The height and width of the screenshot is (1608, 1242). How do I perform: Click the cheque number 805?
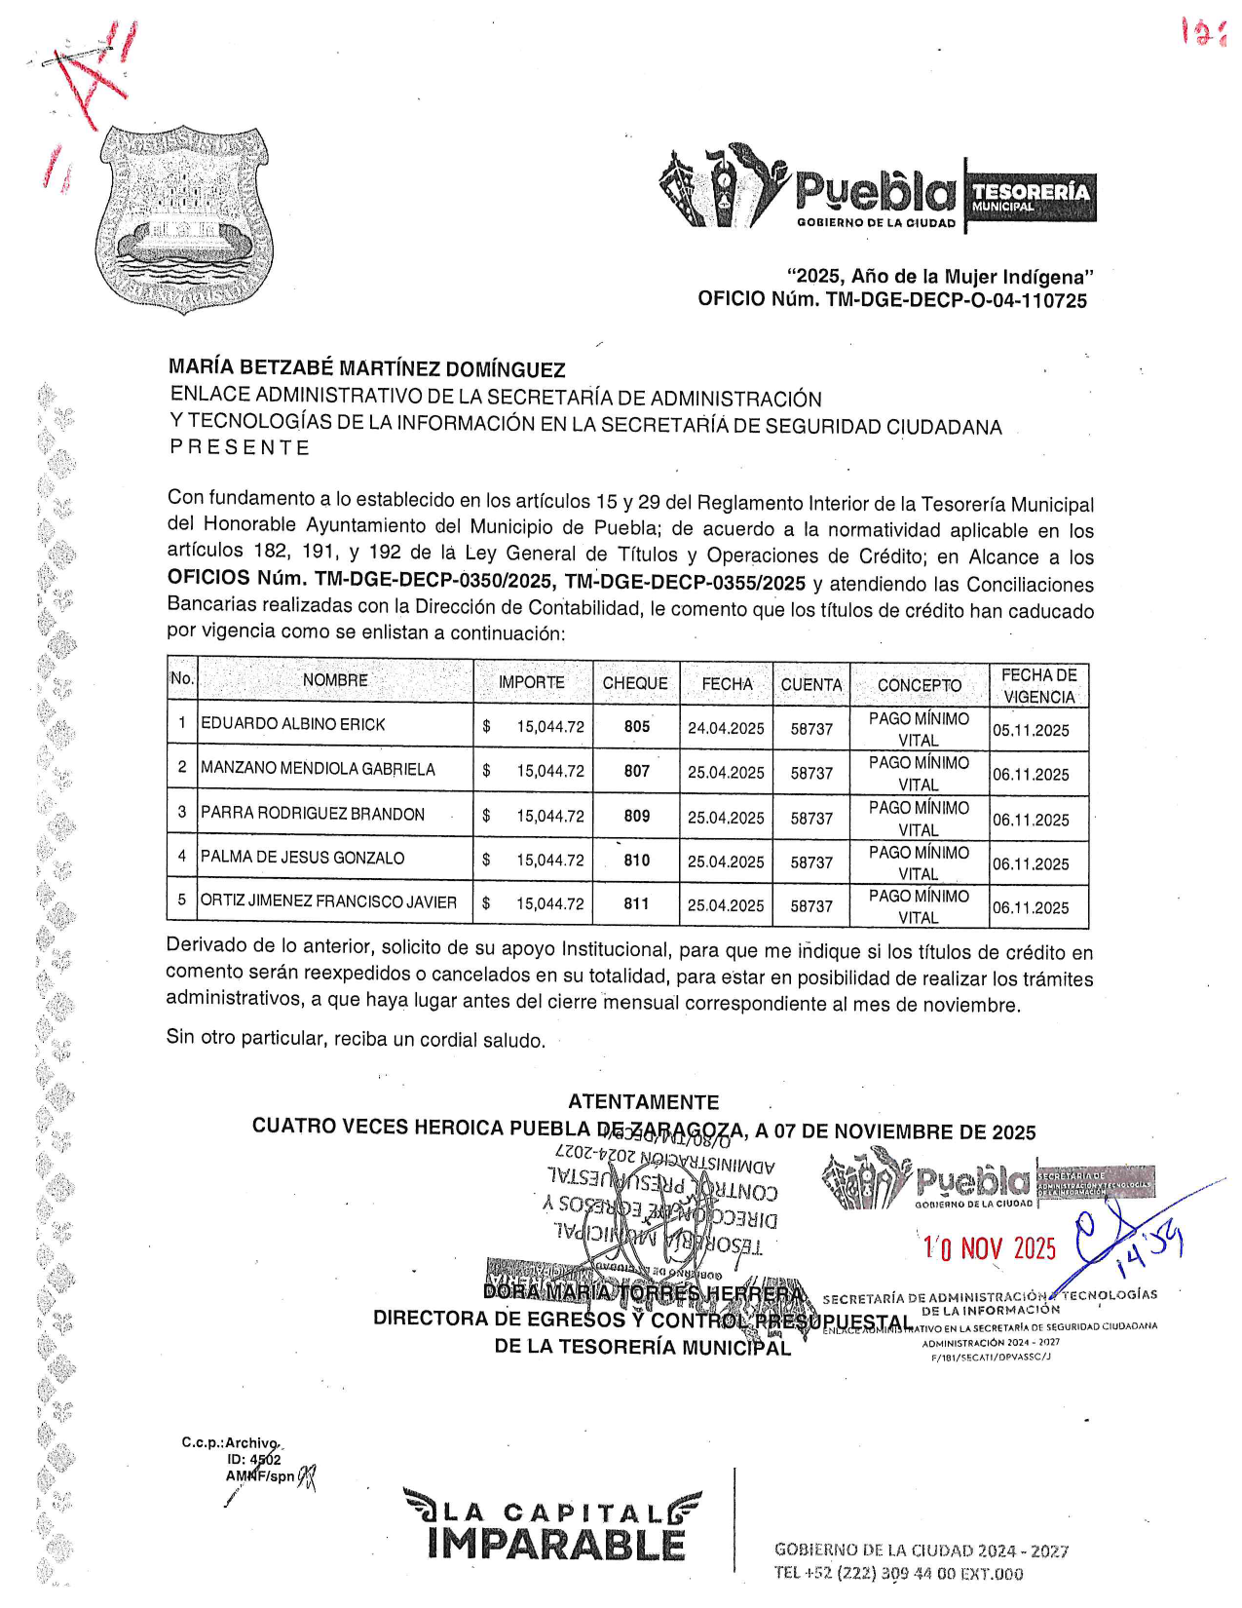637,726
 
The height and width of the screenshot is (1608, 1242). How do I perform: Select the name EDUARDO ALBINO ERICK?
293,724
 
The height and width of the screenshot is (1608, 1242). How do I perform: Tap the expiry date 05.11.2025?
1031,730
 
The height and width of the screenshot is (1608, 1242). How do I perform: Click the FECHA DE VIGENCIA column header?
1038,686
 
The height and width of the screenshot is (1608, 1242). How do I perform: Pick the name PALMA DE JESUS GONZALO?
302,858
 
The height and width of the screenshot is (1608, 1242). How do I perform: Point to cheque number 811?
637,903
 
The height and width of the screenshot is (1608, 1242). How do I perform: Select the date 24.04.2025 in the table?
726,728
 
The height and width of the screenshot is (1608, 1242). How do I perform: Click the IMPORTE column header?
532,682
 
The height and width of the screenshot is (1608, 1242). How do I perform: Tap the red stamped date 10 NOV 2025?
990,1248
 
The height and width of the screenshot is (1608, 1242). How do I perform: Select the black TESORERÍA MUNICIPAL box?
1031,197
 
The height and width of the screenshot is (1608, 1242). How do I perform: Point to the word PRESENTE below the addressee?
240,447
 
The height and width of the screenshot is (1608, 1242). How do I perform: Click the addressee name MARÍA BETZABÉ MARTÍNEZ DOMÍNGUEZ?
367,368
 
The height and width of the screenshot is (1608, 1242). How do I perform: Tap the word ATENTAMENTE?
644,1102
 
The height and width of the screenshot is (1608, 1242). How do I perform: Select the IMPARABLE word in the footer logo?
555,1545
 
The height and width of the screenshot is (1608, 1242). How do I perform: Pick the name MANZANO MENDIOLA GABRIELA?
318,769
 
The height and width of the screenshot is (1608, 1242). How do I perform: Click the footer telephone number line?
898,1573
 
